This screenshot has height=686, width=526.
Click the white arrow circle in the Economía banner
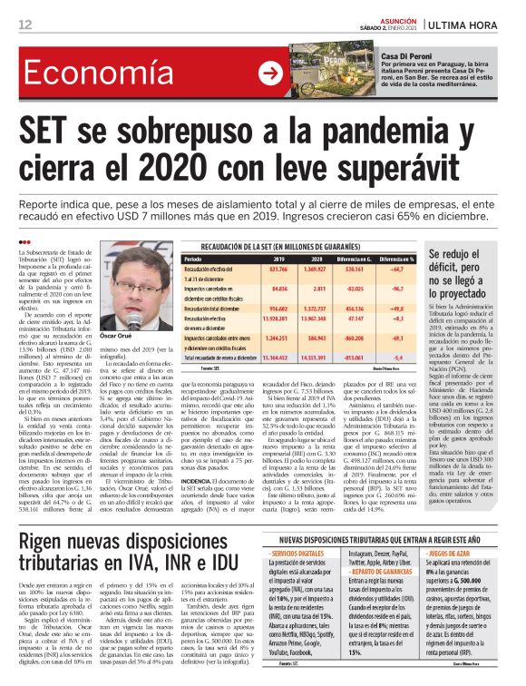[295, 74]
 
